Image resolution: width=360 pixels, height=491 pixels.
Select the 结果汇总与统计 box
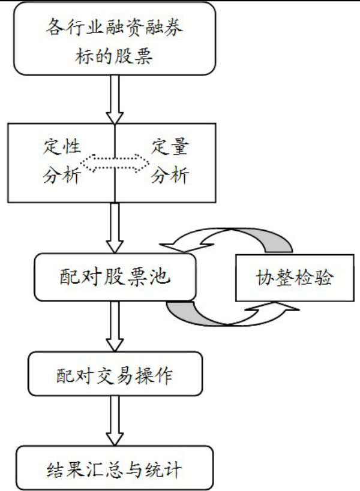[114, 466]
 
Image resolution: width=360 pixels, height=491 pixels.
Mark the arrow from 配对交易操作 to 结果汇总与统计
[114, 423]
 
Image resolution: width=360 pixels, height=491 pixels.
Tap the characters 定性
[63, 146]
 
